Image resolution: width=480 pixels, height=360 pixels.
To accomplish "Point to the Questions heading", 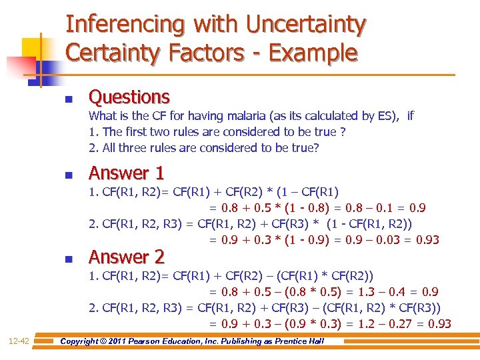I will pyautogui.click(x=129, y=97).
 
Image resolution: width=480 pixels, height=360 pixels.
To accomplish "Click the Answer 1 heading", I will pyautogui.click(x=127, y=173).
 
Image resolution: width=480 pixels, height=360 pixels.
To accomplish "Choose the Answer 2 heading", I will pyautogui.click(x=127, y=257).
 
